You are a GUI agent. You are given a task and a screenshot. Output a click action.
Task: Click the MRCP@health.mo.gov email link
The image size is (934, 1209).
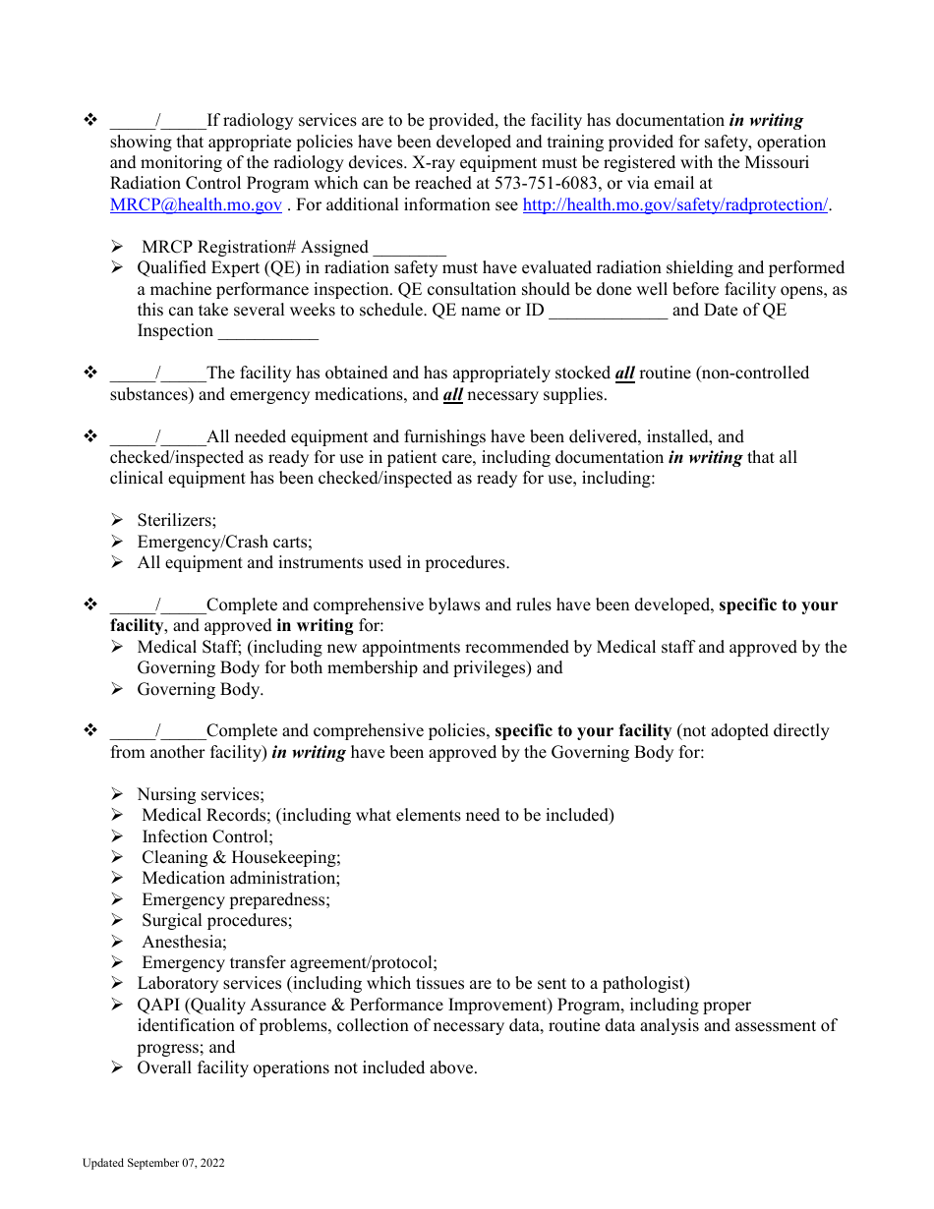pos(196,205)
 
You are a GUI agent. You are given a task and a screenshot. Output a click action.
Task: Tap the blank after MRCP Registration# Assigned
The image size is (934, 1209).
pos(409,248)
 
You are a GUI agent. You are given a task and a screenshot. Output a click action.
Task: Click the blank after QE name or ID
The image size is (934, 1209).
pos(608,311)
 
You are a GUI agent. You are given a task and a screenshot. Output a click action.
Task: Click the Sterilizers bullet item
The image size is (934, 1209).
pos(176,521)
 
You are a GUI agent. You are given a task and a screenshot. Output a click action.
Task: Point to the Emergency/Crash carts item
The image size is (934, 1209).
pos(224,543)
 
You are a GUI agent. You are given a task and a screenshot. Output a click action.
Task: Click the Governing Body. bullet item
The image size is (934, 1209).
pos(200,690)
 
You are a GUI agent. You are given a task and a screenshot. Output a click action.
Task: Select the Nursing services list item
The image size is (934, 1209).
pos(201,794)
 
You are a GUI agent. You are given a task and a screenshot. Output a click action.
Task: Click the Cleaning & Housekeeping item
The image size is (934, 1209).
pos(241,858)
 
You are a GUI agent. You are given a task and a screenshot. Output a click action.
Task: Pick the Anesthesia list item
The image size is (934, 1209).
pos(184,942)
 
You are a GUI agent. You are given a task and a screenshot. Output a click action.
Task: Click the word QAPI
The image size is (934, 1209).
pos(157,1006)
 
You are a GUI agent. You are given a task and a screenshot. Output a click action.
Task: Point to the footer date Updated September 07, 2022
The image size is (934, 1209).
pos(153,1164)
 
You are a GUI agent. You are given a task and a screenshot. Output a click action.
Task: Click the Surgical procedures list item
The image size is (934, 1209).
pos(216,921)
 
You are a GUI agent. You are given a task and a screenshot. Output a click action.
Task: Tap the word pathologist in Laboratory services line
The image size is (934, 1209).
pos(643,984)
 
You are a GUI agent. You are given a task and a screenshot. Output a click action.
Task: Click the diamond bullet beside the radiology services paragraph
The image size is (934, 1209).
pos(90,121)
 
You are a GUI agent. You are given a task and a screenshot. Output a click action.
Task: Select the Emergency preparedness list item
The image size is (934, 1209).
pos(236,899)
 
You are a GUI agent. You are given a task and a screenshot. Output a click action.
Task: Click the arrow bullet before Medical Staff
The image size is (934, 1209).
pos(117,648)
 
